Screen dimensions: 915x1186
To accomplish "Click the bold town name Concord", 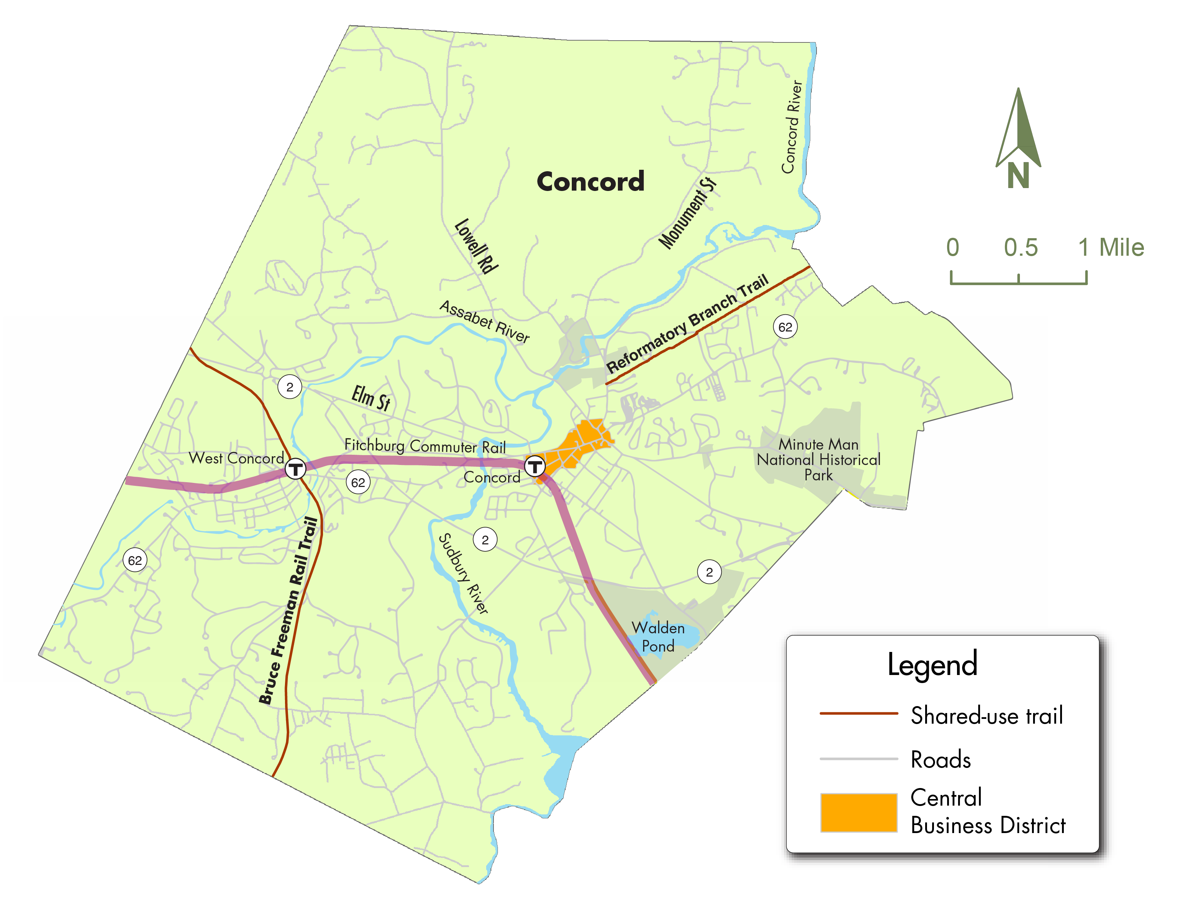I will (x=590, y=181).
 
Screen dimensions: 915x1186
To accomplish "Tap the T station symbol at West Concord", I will (x=296, y=468).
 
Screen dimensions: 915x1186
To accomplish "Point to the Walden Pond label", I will (x=658, y=637).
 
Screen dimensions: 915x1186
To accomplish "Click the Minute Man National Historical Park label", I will (x=818, y=460).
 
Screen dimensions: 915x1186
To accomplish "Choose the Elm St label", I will (x=371, y=398).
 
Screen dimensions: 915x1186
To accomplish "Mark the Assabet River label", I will (x=484, y=322).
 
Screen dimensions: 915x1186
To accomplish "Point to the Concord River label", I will (x=792, y=127).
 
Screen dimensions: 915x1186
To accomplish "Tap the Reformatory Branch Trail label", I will (x=687, y=324).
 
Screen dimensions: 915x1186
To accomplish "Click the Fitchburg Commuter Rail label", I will (x=425, y=446).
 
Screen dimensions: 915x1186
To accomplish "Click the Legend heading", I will (x=932, y=664).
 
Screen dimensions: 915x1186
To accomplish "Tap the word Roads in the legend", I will (x=941, y=759).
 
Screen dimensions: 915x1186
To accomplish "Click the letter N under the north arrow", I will (x=1018, y=176).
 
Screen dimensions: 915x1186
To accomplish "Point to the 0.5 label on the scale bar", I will (x=1020, y=248).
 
